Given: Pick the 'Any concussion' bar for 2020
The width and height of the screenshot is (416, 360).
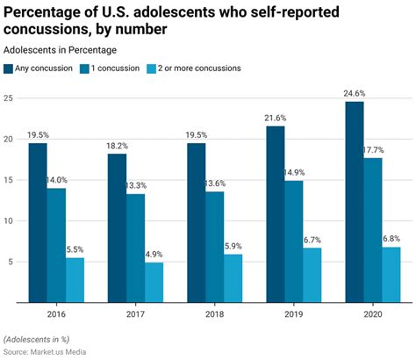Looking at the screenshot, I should point(354,201).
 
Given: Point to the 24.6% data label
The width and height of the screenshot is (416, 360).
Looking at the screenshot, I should point(354,94).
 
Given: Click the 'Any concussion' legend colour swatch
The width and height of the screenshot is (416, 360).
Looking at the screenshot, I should point(10,68).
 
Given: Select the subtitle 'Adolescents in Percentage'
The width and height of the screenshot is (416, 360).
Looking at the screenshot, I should point(57,49).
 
